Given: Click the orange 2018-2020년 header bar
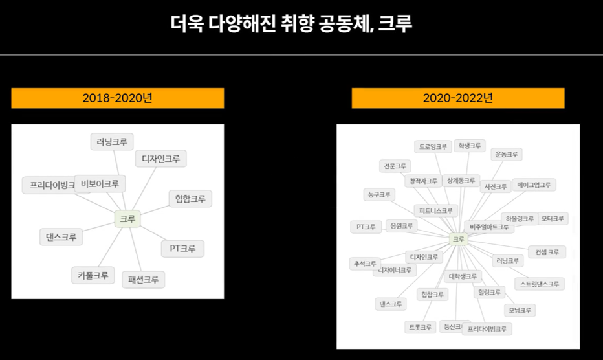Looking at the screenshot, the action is tap(117, 98).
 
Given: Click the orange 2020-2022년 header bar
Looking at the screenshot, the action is tap(458, 98).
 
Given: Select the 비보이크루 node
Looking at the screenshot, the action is tap(100, 184).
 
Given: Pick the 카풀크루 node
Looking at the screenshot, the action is tap(93, 275).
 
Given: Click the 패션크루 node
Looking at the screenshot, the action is tap(143, 280).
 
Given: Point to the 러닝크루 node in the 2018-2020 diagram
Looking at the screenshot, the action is tap(112, 142).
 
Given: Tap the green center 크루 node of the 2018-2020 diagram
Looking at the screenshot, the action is tap(127, 219).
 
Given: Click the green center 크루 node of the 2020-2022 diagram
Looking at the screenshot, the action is tap(458, 240).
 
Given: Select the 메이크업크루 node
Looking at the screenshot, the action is tap(534, 185).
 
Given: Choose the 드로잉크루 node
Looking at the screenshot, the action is tap(433, 147).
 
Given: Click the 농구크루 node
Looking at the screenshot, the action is tap(378, 194).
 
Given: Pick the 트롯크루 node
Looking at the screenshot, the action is tap(420, 327).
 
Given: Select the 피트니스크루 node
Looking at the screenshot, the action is tap(435, 210).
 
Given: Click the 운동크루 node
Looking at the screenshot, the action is tap(506, 155).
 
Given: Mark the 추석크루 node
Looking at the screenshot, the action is tap(364, 264).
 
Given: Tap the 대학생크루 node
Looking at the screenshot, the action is tap(462, 276).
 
